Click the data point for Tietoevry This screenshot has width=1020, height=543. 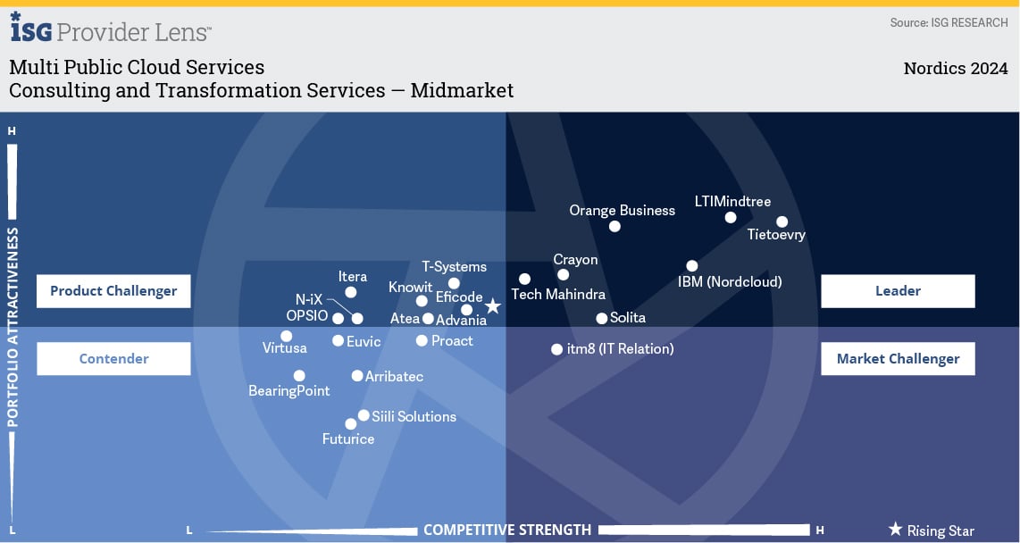(x=782, y=221)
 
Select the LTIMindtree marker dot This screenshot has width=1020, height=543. (x=731, y=217)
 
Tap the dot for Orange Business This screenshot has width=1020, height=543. (x=615, y=226)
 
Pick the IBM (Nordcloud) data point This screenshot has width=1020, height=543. (x=692, y=265)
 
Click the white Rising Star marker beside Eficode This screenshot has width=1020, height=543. (x=492, y=306)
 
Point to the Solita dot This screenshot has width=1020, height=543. (x=602, y=318)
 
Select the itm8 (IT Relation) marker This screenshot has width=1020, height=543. (x=556, y=349)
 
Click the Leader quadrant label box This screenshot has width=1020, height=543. (x=898, y=290)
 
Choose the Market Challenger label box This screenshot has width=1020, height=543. (x=898, y=358)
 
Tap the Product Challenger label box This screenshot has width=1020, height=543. (x=113, y=290)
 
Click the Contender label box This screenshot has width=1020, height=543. (x=113, y=358)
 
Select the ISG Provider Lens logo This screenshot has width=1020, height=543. (x=111, y=29)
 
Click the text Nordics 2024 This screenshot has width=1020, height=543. (x=955, y=69)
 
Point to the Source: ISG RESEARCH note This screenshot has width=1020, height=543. (x=949, y=22)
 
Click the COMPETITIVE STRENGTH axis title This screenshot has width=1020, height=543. (x=507, y=530)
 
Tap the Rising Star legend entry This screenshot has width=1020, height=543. (x=931, y=530)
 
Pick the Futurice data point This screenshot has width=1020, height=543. (x=351, y=424)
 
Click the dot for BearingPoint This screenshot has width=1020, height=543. (x=299, y=376)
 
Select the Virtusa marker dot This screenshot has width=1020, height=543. (x=286, y=337)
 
